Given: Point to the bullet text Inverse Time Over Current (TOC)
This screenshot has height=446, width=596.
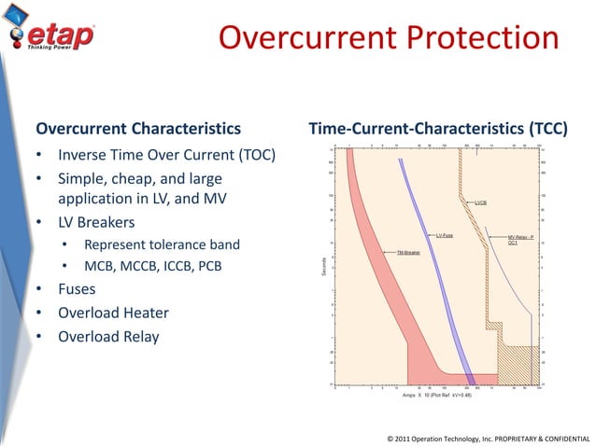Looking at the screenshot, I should tap(165, 154).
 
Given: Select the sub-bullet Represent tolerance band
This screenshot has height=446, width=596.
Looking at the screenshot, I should tap(162, 245).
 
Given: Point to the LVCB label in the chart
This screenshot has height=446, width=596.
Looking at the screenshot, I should tap(482, 202).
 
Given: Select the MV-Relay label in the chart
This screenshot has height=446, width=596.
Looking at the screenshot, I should tap(519, 239).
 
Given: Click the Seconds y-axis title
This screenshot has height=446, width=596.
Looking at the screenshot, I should tap(323, 266).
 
